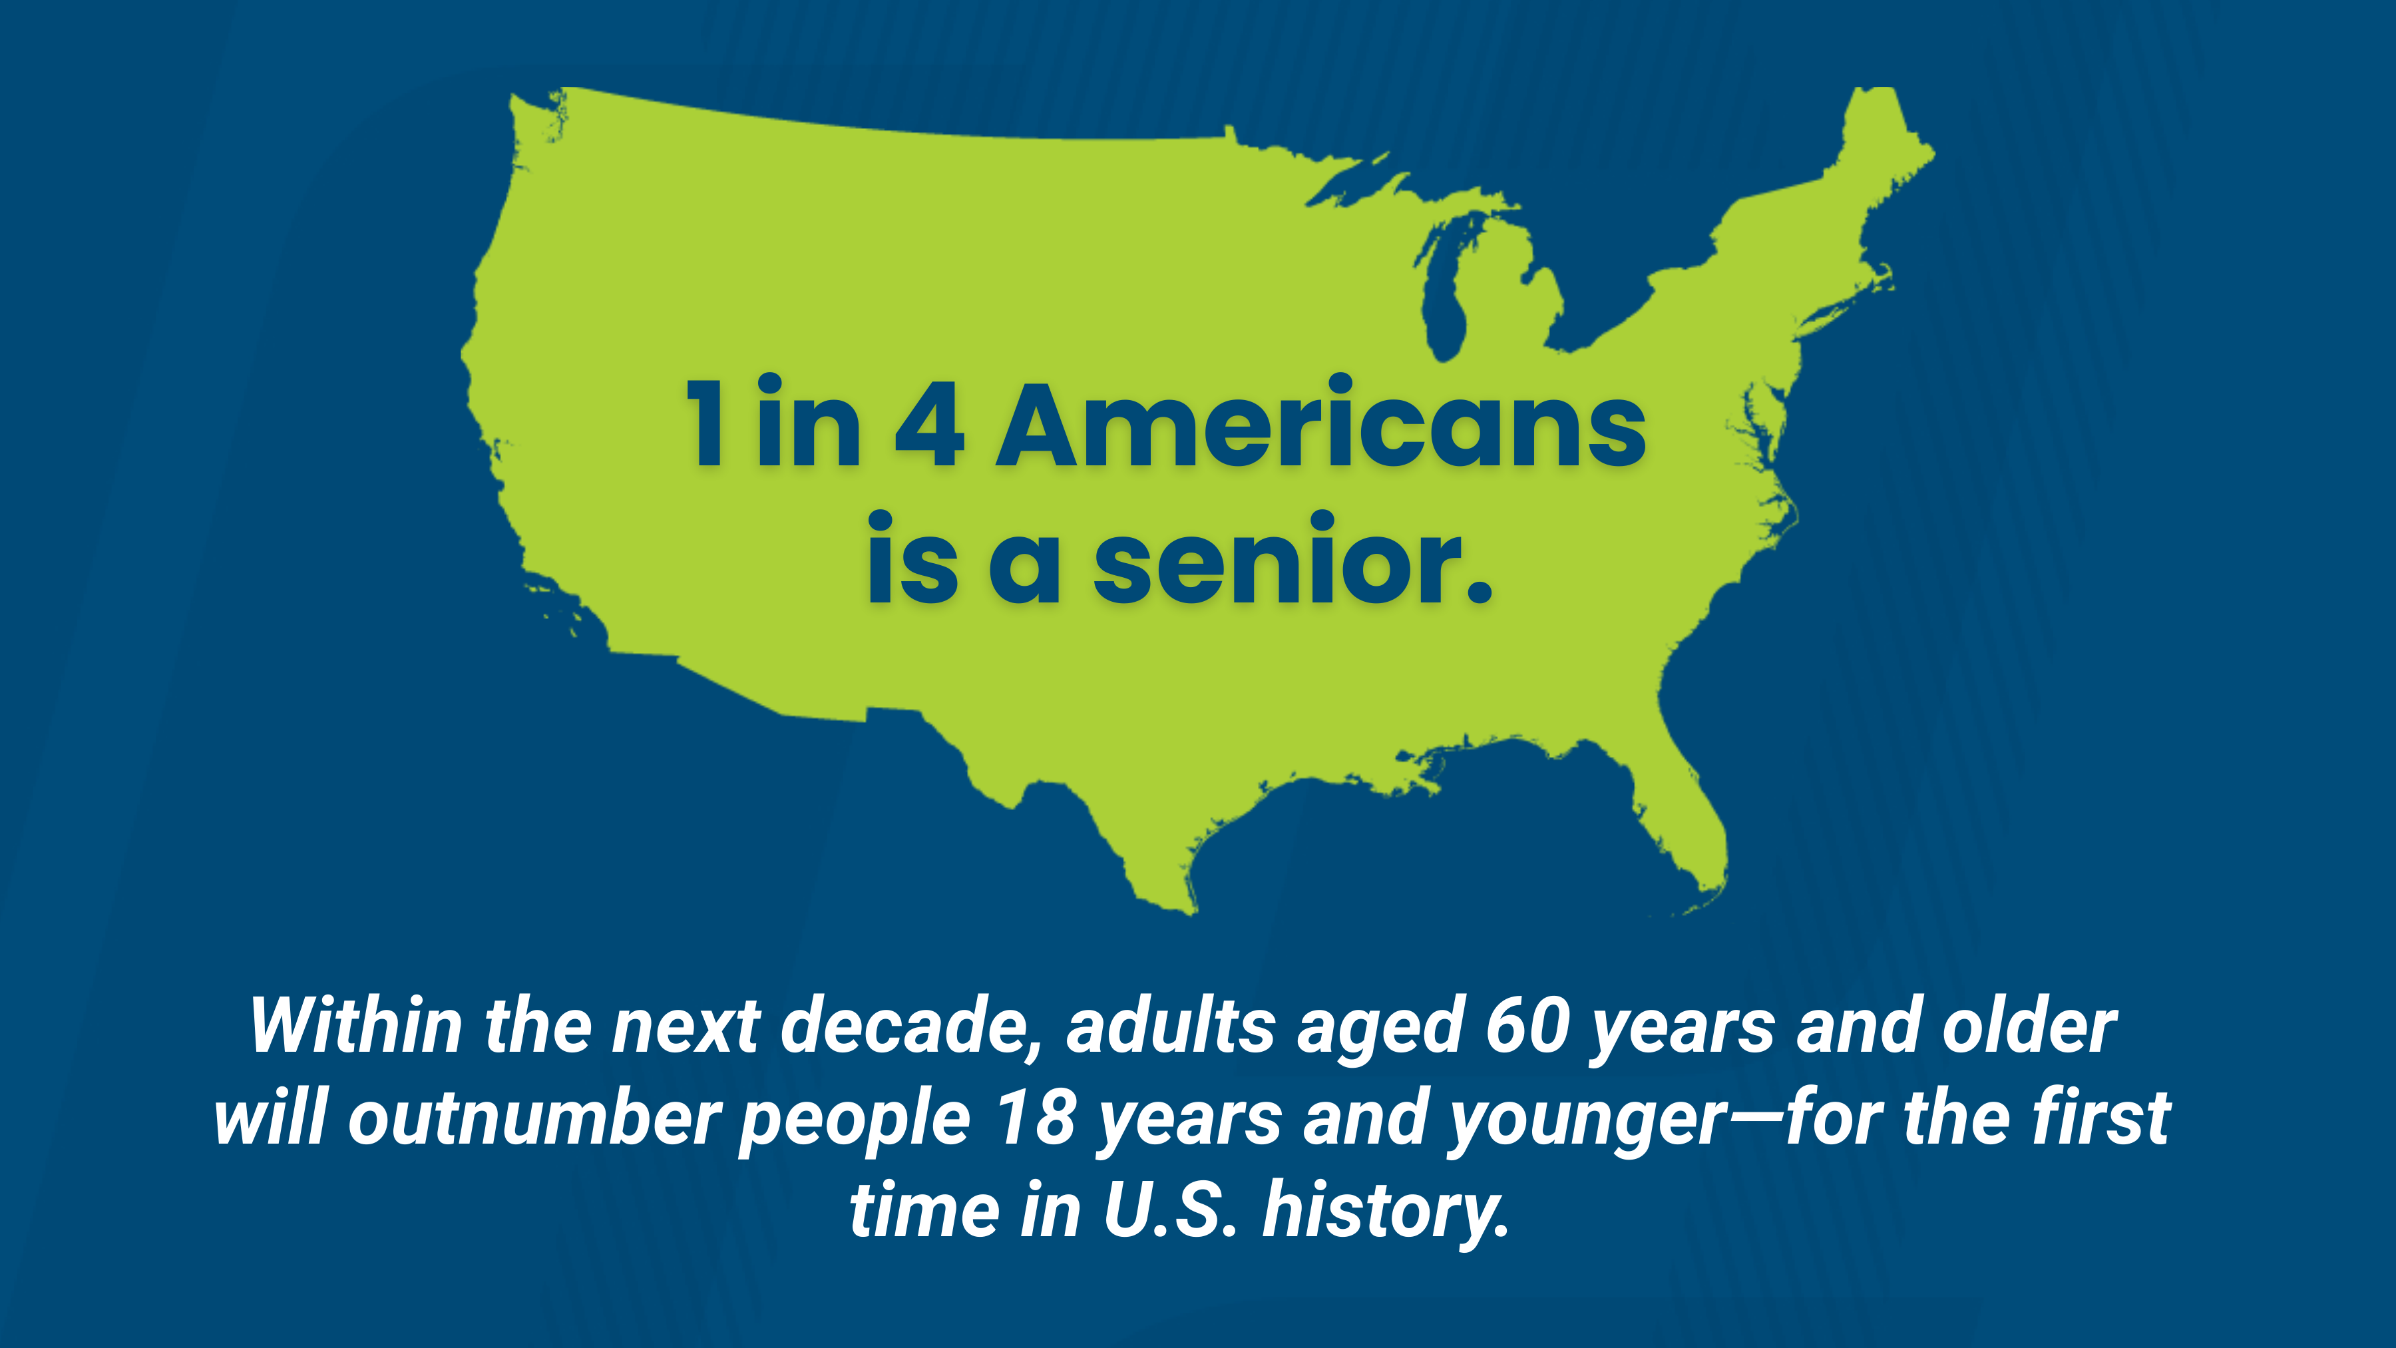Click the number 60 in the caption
pyautogui.click(x=1528, y=1026)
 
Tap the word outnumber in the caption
pyautogui.click(x=534, y=1118)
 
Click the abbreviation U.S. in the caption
pyautogui.click(x=1171, y=1210)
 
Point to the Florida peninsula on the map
pyautogui.click(x=1675, y=819)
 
